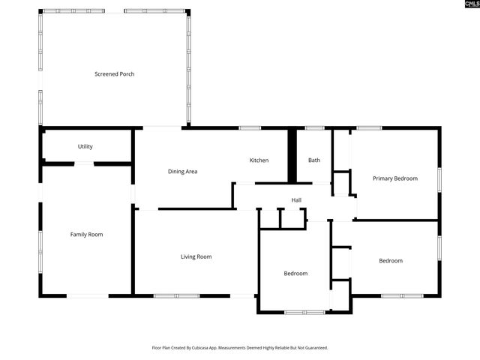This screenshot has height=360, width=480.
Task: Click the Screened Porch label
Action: coord(114,74)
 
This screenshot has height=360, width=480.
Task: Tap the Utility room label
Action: coord(85,146)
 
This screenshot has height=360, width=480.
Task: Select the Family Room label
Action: coord(86,235)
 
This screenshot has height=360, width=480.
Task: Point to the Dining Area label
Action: coord(182,172)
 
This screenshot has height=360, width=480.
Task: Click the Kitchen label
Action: coord(259,160)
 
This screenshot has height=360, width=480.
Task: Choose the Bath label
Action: coord(314,160)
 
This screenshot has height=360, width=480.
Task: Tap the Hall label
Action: coord(296,200)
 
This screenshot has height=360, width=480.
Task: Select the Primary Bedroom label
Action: coord(395,178)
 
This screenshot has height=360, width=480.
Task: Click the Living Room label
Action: coord(196,256)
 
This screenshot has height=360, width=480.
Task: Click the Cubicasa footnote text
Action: coord(240,348)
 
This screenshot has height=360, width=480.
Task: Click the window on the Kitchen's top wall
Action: coord(250,128)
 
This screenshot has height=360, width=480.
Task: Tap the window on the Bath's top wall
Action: coord(314,128)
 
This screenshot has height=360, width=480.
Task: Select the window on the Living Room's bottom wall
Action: coord(176,295)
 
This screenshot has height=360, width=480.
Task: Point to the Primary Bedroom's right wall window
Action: coord(439,180)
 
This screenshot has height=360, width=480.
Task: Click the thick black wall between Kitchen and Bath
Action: coord(292,156)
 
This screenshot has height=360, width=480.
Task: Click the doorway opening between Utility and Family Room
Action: coord(83,163)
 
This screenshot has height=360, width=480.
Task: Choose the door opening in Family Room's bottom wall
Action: coord(88,295)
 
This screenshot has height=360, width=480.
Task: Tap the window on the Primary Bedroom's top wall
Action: coord(368,128)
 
